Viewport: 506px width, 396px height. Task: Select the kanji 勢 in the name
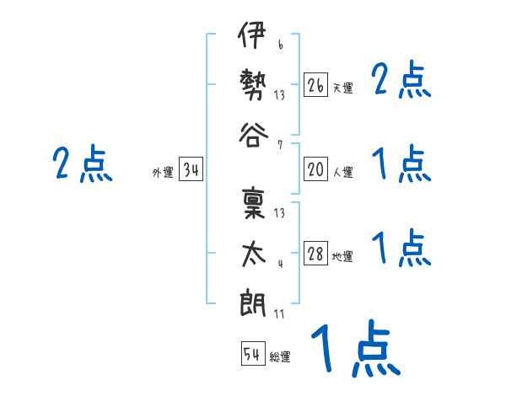(252, 86)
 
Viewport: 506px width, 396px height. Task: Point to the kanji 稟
(252, 206)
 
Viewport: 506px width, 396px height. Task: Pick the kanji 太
(252, 253)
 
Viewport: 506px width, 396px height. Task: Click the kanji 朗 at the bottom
(252, 302)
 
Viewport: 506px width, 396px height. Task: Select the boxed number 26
(315, 84)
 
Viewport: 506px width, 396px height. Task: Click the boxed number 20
(315, 169)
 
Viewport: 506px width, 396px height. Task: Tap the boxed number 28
(315, 254)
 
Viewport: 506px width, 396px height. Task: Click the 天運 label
(342, 88)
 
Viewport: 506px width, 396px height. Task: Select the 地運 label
(342, 257)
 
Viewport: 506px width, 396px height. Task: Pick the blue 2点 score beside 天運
(401, 82)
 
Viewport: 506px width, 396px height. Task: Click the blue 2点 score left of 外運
(82, 164)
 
